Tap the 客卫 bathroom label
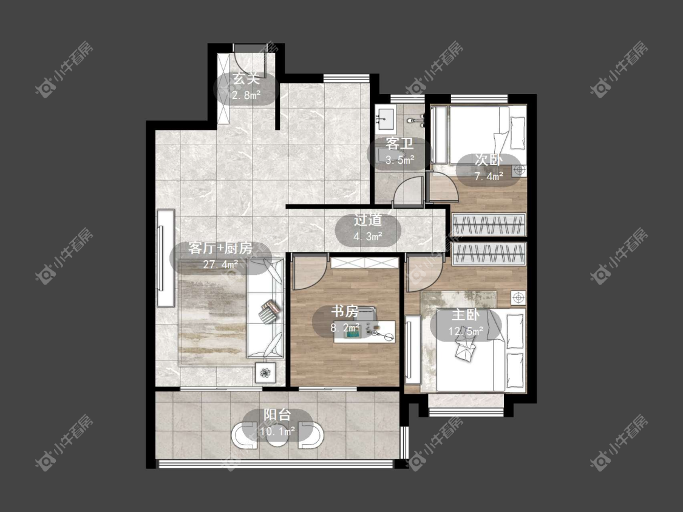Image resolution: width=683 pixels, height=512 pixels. point(399,144)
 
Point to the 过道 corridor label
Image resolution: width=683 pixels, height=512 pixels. point(368,220)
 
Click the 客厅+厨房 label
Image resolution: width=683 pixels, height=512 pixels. point(220,248)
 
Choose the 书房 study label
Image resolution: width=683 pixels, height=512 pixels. point(345,311)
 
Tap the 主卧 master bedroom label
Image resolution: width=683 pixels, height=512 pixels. point(466,315)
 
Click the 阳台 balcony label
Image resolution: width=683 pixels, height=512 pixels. point(277,415)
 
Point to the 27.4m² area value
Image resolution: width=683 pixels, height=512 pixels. point(220,264)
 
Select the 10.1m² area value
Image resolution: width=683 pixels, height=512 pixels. point(277,431)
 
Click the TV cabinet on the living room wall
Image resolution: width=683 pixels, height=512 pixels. point(166,258)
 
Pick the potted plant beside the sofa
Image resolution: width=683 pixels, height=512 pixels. point(265,372)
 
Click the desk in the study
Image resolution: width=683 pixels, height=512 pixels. point(365,331)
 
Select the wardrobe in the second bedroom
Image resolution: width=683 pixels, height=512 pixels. point(489,224)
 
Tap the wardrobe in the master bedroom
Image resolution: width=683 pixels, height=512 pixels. point(489,254)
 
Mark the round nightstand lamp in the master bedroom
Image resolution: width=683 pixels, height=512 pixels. point(518,298)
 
